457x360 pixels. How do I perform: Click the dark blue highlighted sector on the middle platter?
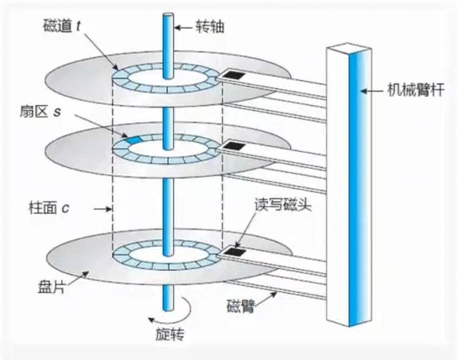coord(134,140)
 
